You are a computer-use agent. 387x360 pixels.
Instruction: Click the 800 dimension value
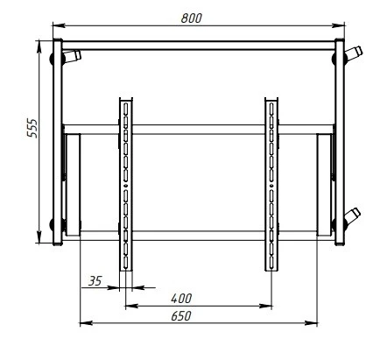tap(191, 18)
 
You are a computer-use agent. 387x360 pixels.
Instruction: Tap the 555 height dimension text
tap(32, 128)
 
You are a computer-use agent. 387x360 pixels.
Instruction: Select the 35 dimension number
tap(95, 281)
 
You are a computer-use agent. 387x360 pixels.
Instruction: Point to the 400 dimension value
tap(181, 299)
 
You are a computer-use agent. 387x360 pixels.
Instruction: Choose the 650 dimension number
tap(181, 316)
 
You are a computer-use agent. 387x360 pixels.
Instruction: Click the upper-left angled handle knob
tap(72, 56)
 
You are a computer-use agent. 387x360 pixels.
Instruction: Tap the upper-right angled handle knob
tap(354, 53)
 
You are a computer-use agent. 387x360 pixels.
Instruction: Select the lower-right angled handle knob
tap(352, 216)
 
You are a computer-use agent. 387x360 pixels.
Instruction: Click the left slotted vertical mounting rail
tap(126, 185)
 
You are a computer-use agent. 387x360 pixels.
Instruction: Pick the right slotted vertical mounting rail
tap(271, 185)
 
